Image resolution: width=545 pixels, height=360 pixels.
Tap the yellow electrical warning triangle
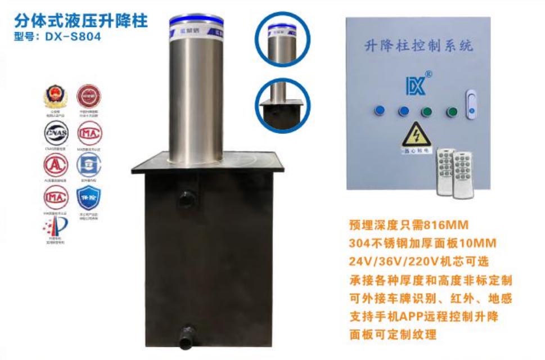pyautogui.click(x=417, y=135)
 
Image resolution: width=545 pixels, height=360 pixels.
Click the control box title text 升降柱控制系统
pyautogui.click(x=417, y=45)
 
